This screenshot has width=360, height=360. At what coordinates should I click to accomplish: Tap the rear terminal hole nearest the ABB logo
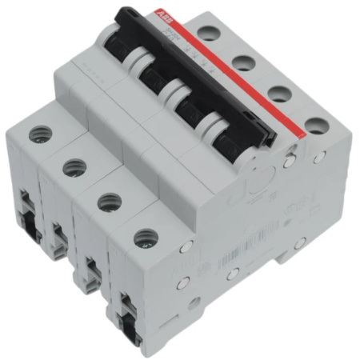(x=207, y=33)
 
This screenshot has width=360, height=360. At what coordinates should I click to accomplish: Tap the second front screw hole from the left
(x=74, y=167)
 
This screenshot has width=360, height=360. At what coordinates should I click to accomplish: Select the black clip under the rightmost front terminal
(x=126, y=318)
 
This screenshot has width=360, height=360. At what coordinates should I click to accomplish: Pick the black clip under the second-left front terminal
(x=58, y=238)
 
